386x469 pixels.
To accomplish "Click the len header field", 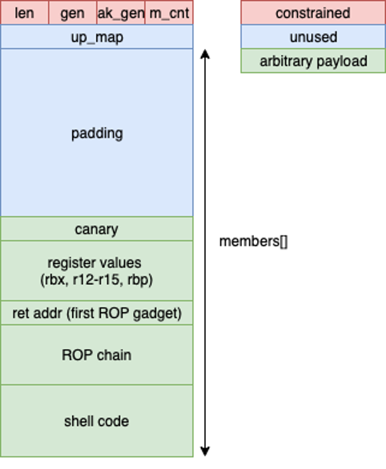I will point(25,14).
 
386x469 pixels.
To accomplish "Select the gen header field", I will point(72,14).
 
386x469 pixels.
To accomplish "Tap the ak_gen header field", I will point(120,14).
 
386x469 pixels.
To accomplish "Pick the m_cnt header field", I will point(169,14).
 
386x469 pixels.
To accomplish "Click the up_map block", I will point(97,37).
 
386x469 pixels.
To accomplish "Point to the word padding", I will point(97,133).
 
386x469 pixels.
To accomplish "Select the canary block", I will point(97,229).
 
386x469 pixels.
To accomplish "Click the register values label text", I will point(97,263).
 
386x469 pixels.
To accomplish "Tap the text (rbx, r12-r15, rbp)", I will point(97,279).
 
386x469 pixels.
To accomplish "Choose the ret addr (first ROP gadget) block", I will point(97,313).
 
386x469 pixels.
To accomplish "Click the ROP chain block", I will point(97,355).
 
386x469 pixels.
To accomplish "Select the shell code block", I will point(97,421).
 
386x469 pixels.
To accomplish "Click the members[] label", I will point(253,241).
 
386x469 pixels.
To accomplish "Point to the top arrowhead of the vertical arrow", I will point(206,54).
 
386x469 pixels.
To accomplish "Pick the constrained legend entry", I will point(312,14).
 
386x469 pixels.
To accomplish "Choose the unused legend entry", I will point(312,37).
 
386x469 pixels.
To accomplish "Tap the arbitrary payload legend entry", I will point(312,61).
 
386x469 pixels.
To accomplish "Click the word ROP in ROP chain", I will point(77,355).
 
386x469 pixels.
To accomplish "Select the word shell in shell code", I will point(80,421).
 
